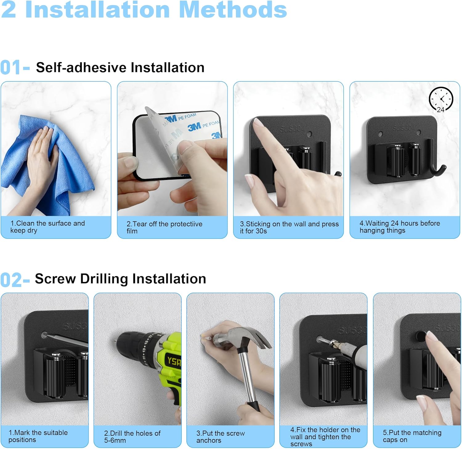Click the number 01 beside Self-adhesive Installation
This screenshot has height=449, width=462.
coord(10,68)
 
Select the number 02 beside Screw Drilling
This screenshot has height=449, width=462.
coord(11,280)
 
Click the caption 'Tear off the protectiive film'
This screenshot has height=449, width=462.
coord(164,227)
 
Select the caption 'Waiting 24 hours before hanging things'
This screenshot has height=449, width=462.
coord(400,227)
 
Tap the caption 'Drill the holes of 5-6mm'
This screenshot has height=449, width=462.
coord(132,437)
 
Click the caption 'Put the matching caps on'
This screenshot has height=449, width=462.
coord(412,436)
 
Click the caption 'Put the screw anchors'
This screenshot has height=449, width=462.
coord(221,437)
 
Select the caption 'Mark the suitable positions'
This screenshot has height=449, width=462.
coord(38,436)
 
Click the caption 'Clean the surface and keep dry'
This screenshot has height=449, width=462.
coord(47,227)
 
